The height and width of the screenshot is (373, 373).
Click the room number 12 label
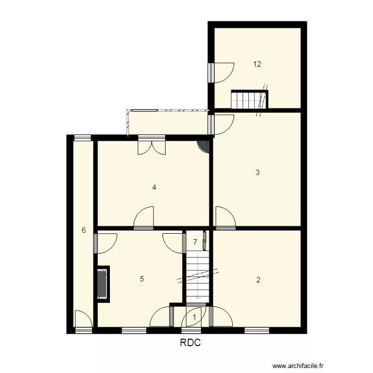tap(257, 64)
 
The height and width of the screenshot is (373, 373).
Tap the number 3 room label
tap(257, 173)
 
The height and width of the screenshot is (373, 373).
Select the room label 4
tap(155, 187)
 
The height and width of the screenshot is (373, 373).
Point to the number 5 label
tap(142, 279)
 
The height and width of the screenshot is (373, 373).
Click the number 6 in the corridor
tap(84, 230)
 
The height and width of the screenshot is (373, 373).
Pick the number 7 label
tap(195, 242)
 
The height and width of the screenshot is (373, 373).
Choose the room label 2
tap(258, 280)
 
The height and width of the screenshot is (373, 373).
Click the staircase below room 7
tap(198, 276)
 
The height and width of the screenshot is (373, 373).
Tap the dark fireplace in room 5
tap(103, 284)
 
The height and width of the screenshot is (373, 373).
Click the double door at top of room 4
tap(151, 147)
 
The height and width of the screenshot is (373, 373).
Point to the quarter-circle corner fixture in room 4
tap(204, 146)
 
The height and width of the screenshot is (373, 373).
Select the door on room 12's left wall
tap(221, 72)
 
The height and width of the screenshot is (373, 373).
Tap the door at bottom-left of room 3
tap(225, 218)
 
